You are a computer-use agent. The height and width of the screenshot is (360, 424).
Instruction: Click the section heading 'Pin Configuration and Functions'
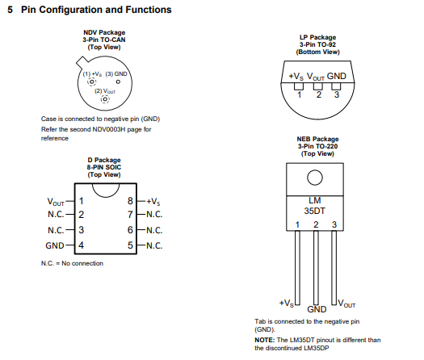click(x=96, y=10)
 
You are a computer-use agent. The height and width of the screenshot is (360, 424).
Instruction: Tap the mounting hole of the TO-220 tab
click(x=315, y=178)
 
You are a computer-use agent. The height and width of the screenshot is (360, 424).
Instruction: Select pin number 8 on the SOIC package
click(x=130, y=201)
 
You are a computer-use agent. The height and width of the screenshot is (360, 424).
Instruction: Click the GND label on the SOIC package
click(x=55, y=245)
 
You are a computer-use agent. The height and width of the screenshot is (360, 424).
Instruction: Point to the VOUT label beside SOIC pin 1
click(x=56, y=202)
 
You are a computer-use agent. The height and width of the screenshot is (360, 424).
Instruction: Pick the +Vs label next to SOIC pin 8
click(x=153, y=201)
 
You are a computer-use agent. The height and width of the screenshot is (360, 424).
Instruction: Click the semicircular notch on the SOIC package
click(x=106, y=190)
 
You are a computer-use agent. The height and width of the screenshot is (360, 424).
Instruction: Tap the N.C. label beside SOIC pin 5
click(x=154, y=245)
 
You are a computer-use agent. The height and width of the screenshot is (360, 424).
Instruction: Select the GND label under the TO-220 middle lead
click(x=317, y=309)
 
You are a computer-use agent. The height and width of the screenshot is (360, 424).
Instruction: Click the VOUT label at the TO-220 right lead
click(x=346, y=303)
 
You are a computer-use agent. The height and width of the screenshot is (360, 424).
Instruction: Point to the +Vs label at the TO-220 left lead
click(x=287, y=303)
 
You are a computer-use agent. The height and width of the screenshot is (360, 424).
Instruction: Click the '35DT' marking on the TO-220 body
click(x=314, y=211)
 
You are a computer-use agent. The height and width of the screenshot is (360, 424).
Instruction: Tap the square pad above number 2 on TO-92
click(x=318, y=86)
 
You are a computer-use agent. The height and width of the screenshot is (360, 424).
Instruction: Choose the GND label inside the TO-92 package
click(x=337, y=76)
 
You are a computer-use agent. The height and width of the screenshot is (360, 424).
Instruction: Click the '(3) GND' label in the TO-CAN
click(x=116, y=73)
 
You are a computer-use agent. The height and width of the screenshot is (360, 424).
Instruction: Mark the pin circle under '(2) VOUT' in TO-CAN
click(x=105, y=99)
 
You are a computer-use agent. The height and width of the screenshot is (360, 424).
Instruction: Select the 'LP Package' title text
click(x=317, y=37)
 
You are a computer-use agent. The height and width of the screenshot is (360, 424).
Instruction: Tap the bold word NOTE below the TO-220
click(x=264, y=340)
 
